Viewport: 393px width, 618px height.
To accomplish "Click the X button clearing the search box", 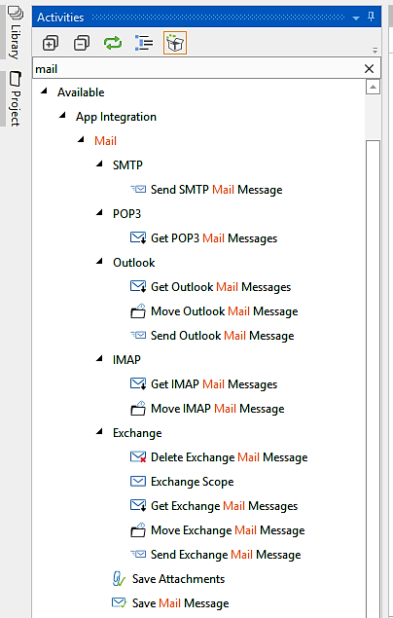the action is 369,69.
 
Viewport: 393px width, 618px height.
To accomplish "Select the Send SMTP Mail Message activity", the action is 216,190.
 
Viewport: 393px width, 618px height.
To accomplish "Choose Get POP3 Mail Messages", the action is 214,238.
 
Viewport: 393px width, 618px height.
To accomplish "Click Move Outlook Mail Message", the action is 224,311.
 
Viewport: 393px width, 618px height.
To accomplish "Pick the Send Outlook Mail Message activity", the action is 222,336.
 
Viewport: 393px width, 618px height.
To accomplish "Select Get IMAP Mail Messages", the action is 214,384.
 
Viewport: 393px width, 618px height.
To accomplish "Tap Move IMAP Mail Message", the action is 217,409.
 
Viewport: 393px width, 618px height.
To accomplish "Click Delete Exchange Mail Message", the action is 230,457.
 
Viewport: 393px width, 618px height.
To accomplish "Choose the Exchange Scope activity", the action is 193,482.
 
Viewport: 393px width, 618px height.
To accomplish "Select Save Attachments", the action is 178,579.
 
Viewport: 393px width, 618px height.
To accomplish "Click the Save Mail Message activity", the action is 180,603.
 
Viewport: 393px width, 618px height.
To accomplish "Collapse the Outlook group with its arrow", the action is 99,261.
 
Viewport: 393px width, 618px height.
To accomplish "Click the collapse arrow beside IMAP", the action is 99,358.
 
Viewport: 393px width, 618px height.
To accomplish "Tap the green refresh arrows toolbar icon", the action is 113,43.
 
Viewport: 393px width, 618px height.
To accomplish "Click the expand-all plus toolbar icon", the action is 51,43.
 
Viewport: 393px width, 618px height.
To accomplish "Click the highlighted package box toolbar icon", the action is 175,43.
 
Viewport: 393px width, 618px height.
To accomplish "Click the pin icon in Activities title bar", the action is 371,17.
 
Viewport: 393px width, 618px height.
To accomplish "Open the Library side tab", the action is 15,32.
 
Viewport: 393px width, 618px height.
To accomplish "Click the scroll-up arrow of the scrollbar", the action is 373,87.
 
